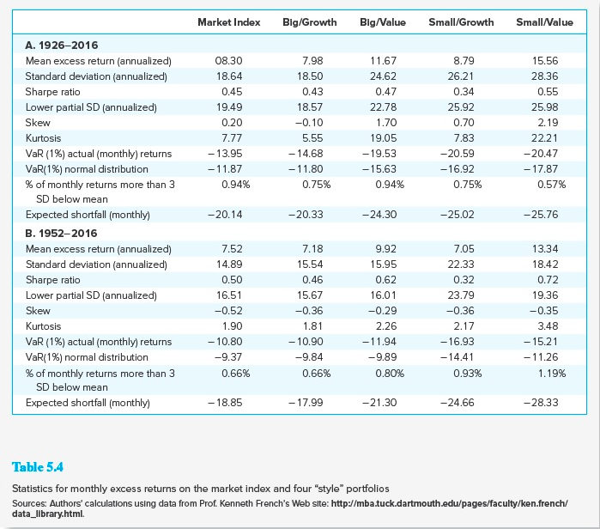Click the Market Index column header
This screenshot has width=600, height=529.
point(228,21)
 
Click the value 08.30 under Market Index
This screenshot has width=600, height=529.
point(232,61)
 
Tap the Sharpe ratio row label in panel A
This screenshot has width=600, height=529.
point(52,92)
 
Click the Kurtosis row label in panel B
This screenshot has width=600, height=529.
point(44,326)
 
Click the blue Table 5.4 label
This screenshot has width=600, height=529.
point(38,467)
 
